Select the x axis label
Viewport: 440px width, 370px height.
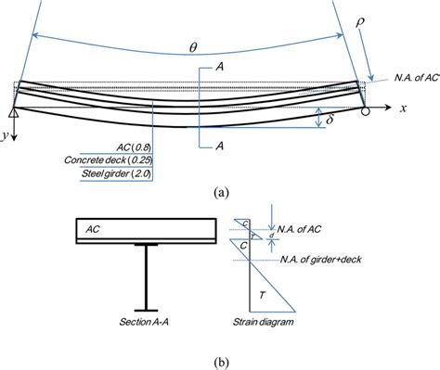pyautogui.click(x=404, y=108)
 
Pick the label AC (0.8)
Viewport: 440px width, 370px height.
pyautogui.click(x=130, y=146)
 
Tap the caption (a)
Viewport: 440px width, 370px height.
pyautogui.click(x=220, y=194)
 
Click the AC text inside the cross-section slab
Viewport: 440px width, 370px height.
pyautogui.click(x=93, y=225)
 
